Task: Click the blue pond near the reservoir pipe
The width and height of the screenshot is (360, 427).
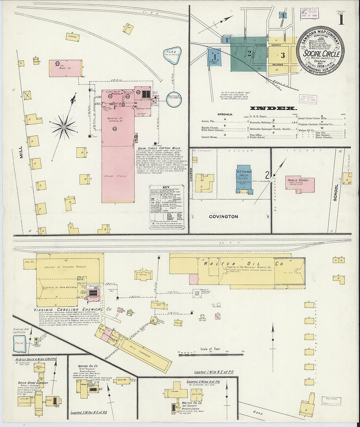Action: coord(171,53)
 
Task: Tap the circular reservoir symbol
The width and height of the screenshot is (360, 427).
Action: coord(174,99)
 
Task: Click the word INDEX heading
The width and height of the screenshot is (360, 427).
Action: coord(273,108)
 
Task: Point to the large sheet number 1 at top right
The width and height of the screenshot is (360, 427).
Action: coord(341,20)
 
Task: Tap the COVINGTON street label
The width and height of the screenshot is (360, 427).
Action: coord(224,217)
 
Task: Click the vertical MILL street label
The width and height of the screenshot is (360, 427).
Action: coord(22,152)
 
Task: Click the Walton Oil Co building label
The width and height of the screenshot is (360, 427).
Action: coord(243,264)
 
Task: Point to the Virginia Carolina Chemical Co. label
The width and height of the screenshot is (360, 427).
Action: coord(73,309)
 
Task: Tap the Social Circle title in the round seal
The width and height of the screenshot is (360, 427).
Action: coord(321,53)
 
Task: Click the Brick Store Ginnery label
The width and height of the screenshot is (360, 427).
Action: coord(33,383)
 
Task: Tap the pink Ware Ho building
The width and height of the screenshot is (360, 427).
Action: coord(65,68)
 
